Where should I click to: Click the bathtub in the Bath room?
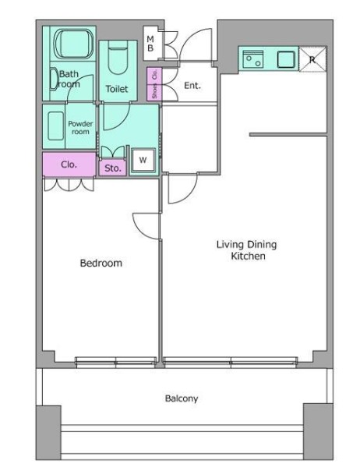(x=73, y=44)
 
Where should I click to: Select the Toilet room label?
(x=117, y=89)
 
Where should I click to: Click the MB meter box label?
(x=150, y=44)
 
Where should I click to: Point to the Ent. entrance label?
(x=192, y=86)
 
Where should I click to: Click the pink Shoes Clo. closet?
(x=154, y=83)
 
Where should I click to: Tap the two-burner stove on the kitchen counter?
(x=252, y=59)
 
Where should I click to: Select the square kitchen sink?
(x=286, y=59)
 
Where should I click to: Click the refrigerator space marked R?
(x=312, y=59)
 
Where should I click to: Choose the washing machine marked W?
(x=143, y=160)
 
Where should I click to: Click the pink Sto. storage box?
(x=112, y=168)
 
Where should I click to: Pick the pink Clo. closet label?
(x=69, y=165)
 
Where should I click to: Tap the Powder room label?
(x=80, y=128)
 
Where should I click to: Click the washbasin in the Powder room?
(x=55, y=126)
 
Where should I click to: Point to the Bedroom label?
(x=101, y=263)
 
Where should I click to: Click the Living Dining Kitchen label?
(x=247, y=250)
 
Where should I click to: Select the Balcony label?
(x=182, y=398)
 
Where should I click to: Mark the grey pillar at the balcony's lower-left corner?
(x=48, y=433)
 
